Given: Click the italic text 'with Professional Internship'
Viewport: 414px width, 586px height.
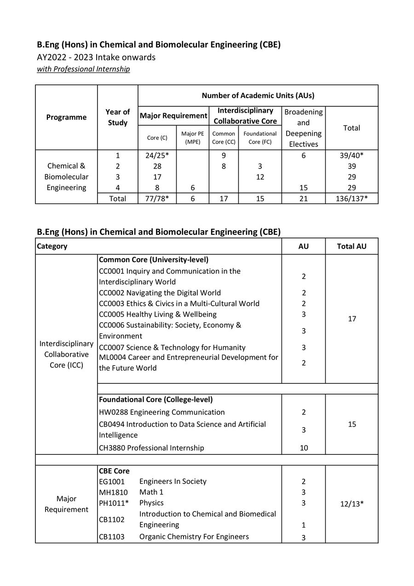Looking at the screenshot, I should [x=83, y=69].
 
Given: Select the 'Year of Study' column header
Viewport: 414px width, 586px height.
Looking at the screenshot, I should [x=117, y=117].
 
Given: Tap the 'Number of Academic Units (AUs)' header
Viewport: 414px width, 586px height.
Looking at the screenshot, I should [x=258, y=96].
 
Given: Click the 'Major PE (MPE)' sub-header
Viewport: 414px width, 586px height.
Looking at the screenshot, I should [x=192, y=138].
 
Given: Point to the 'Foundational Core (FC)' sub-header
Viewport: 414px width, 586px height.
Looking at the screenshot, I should [x=260, y=138].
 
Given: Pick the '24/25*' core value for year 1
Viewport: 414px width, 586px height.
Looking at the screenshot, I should [x=157, y=156].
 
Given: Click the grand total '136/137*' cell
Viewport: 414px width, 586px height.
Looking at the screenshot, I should [x=351, y=198].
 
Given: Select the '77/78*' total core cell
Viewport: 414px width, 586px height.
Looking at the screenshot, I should [x=157, y=198].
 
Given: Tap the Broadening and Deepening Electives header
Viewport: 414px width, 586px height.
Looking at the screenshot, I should [x=303, y=128].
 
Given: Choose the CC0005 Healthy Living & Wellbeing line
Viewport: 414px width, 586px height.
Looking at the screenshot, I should [x=158, y=314].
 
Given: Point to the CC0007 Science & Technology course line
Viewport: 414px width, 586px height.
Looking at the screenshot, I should [x=172, y=348].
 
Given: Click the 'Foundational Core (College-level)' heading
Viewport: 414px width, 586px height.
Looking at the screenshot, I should [x=155, y=400].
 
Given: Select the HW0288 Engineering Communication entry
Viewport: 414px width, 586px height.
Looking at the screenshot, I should [x=161, y=412].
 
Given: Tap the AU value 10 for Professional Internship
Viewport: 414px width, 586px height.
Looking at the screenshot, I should [x=304, y=448].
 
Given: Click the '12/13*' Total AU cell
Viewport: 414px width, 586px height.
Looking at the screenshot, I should [x=351, y=503].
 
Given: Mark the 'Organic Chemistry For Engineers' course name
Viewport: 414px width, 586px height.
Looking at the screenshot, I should [x=194, y=537].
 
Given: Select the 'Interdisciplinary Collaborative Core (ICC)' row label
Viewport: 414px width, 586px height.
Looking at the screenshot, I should [x=66, y=354].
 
